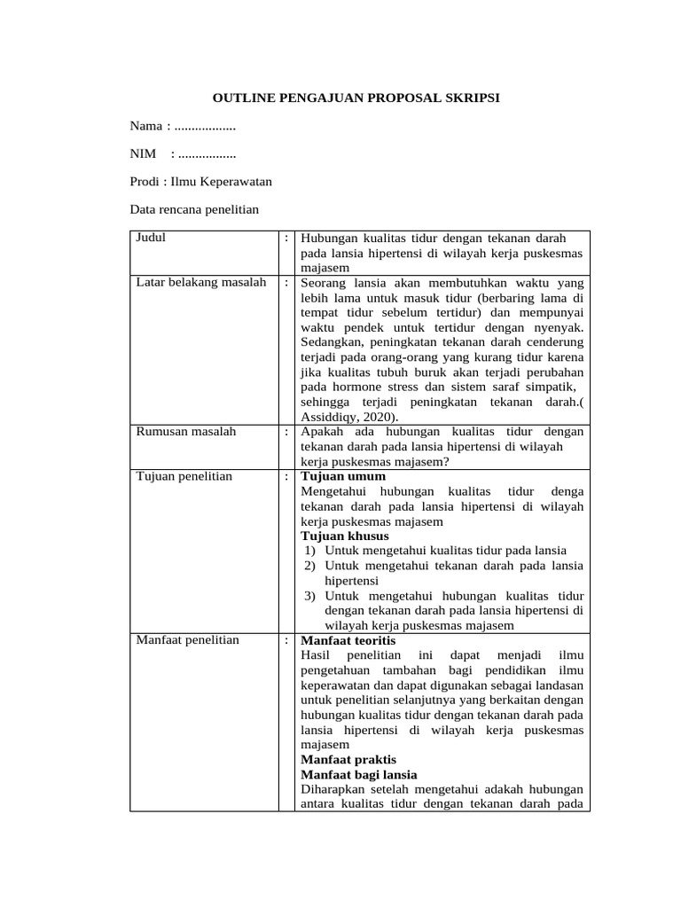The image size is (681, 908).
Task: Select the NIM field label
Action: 143,154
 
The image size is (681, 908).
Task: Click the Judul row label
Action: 151,238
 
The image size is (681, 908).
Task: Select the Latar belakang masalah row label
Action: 200,283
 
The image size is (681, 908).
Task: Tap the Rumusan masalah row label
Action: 180,432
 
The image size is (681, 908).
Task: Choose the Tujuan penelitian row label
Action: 184,476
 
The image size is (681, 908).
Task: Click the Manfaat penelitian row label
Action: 187,640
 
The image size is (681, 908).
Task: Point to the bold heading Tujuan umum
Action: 344,476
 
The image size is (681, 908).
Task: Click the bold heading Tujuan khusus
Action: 345,536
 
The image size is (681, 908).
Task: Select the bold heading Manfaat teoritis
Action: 349,640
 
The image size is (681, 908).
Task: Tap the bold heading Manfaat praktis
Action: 348,760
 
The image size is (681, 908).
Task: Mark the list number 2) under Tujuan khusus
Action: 310,566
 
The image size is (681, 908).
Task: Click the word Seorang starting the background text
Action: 324,283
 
